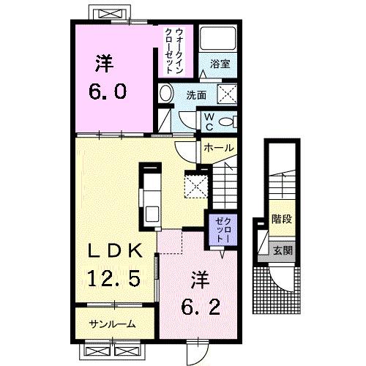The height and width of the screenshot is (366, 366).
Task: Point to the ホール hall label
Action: point(218,148)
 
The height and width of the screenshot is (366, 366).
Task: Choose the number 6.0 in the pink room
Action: point(110,91)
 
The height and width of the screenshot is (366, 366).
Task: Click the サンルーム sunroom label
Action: point(111,323)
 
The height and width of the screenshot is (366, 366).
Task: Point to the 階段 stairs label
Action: point(279,217)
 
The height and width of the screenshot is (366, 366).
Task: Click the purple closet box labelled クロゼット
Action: point(220,229)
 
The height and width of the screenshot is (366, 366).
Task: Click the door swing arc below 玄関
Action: point(281,276)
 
